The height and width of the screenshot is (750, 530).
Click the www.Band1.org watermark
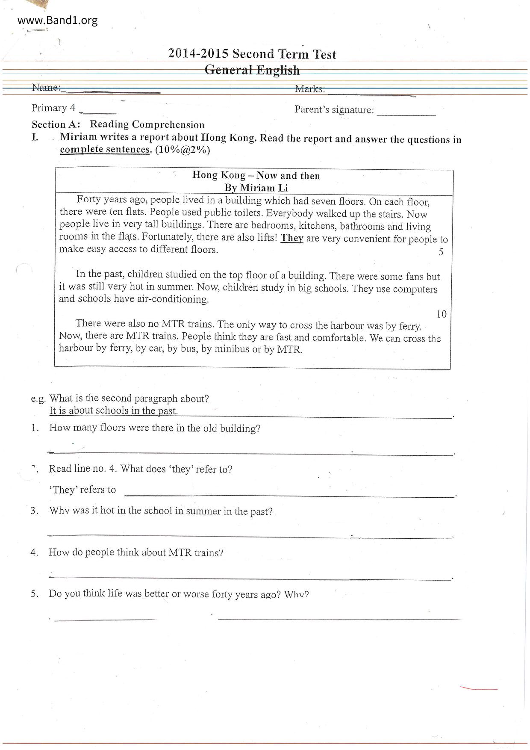click(58, 20)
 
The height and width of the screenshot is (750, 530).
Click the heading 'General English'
click(252, 70)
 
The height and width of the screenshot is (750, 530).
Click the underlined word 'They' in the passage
click(292, 238)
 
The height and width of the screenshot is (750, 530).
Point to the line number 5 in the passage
click(441, 252)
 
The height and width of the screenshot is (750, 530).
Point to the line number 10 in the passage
click(441, 314)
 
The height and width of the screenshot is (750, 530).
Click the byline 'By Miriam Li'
click(256, 188)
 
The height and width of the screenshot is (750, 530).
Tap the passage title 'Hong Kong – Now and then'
click(256, 175)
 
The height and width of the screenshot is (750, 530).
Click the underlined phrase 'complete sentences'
click(105, 150)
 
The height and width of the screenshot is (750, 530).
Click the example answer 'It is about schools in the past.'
click(113, 411)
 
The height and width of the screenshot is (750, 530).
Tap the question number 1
click(35, 428)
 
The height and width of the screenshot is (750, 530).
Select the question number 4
click(34, 552)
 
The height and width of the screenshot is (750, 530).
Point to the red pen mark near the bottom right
click(479, 689)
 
